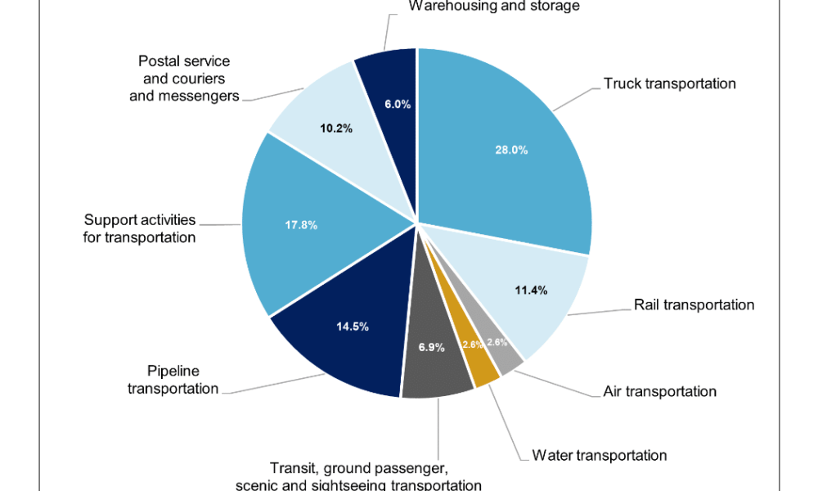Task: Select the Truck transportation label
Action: click(669, 83)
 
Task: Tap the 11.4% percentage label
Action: click(531, 290)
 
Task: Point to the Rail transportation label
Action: click(694, 304)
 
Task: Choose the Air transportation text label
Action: click(659, 391)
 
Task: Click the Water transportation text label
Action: click(599, 455)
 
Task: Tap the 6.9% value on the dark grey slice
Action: click(431, 347)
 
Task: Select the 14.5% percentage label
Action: click(353, 326)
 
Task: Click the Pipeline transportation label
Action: click(173, 380)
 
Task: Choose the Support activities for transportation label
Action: click(140, 228)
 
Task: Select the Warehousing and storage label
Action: click(493, 7)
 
